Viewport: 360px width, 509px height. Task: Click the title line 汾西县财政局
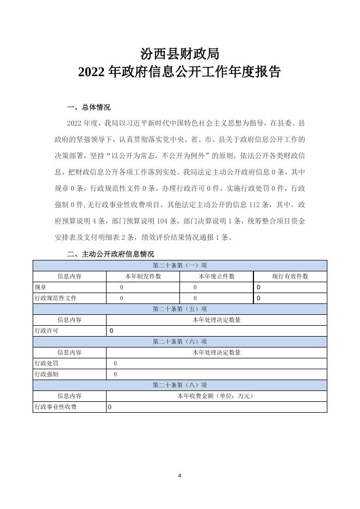tap(179, 53)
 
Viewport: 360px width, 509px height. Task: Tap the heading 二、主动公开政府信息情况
tap(110, 254)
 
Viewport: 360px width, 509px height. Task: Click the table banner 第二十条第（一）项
tap(179, 265)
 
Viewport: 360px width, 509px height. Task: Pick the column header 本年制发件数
tap(143, 276)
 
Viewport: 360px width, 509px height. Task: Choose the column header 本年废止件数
tap(216, 276)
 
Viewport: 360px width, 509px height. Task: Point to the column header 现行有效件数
tap(290, 276)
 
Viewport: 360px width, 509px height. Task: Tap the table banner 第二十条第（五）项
tap(179, 309)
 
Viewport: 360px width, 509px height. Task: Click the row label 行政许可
tap(46, 331)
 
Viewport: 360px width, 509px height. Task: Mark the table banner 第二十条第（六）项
tap(179, 342)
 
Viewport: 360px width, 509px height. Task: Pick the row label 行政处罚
tap(46, 363)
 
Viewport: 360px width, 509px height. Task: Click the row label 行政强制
tap(46, 374)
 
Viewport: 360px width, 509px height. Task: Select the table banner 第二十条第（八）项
tap(179, 385)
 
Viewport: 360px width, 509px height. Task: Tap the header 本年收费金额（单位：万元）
tap(216, 396)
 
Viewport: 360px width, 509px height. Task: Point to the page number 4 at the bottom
tap(179, 476)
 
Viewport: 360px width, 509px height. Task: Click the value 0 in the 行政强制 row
tap(115, 374)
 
